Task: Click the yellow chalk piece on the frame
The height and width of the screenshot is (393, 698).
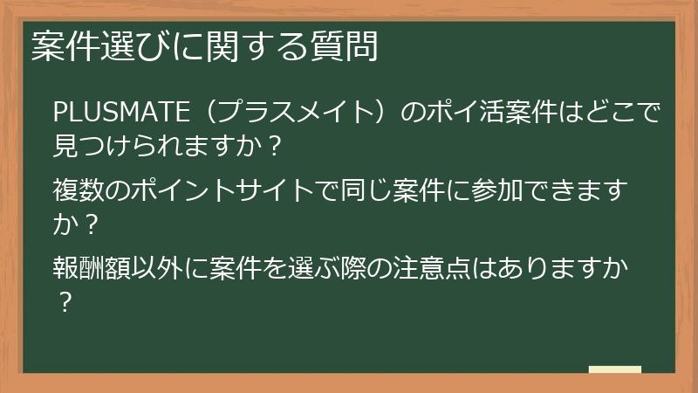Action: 614,369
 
